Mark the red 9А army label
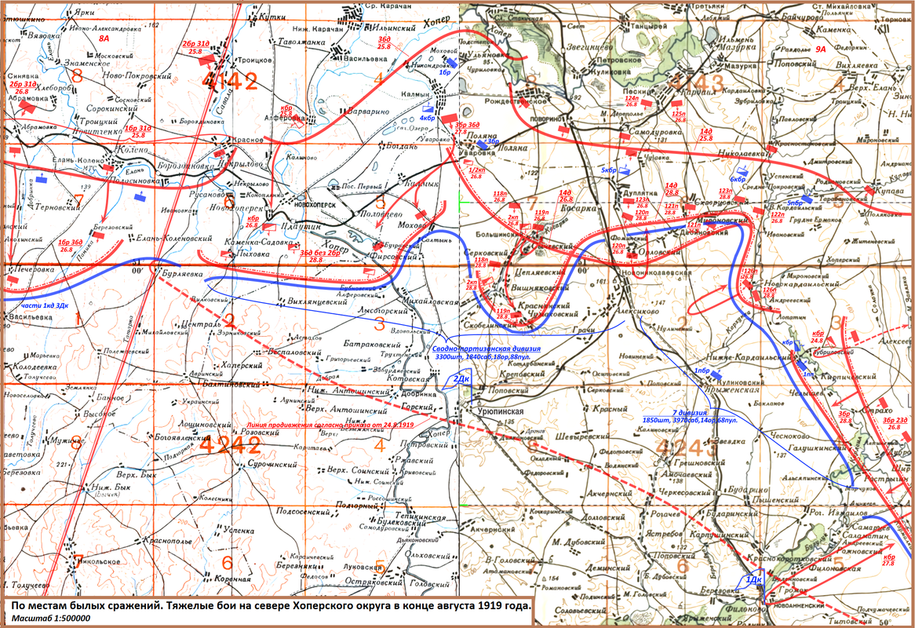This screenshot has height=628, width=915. point(822,49)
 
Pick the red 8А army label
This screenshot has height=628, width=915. point(104,38)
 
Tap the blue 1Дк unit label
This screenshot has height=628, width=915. point(752,579)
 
